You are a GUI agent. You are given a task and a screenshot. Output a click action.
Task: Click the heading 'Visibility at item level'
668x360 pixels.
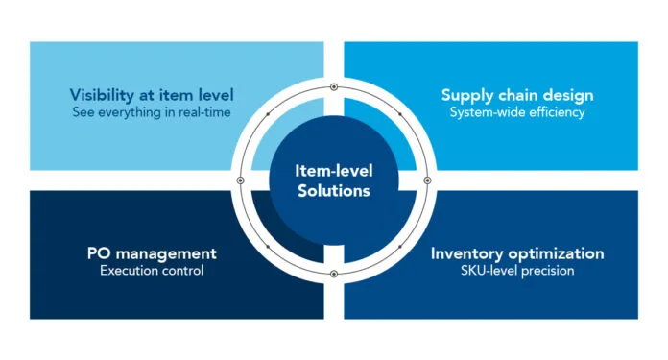pos(152,95)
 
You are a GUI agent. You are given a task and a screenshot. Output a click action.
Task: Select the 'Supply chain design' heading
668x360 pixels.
pos(516,95)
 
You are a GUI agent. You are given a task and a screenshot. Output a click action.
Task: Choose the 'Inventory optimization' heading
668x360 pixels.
pos(516,253)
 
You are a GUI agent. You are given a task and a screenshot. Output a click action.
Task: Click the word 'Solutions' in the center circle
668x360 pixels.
pos(333,190)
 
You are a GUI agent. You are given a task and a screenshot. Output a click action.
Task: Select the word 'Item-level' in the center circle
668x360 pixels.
pos(333,171)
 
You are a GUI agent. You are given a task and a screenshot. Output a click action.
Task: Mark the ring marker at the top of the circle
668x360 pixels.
pos(333,87)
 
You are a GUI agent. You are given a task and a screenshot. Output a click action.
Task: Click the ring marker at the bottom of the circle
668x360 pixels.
pos(333,274)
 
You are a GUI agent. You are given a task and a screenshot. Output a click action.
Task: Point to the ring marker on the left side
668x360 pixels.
pos(240,180)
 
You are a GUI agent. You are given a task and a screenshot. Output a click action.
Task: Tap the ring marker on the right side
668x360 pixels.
pos(426,180)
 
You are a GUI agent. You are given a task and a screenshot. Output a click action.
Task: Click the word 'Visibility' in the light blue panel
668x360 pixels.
pos(102,95)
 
